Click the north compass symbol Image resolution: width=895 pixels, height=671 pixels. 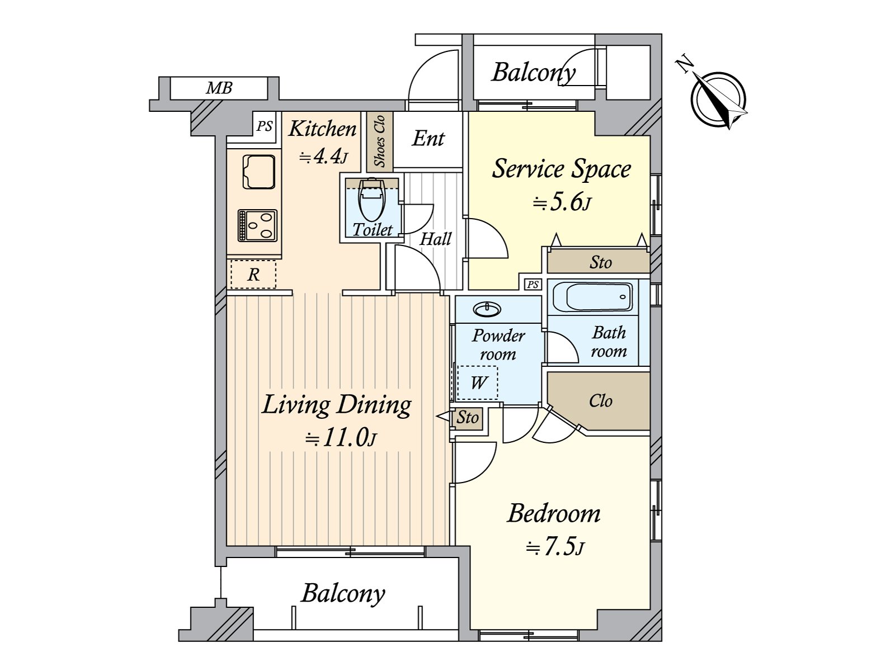pos(718,98)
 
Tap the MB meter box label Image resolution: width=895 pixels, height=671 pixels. pos(219,88)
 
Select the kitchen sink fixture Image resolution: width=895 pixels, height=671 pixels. pos(259,172)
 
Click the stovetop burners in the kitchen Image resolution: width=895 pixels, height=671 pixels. pos(257,225)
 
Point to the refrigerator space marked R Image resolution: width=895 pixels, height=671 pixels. pos(253,274)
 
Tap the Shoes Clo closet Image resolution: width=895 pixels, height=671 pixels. pos(380,141)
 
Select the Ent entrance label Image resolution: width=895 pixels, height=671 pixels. pos(428,139)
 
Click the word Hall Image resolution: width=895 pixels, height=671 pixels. pos(435,239)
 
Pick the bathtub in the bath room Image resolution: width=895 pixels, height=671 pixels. pos(592,297)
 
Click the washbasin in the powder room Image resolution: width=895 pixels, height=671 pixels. pos(487,310)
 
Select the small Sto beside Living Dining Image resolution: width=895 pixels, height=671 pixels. pos(467,418)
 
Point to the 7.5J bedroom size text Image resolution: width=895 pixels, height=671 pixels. pos(555,547)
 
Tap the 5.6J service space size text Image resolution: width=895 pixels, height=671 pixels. pos(562,202)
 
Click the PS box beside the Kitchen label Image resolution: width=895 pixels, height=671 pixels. pos(264,127)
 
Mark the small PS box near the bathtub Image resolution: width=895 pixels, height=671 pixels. pos(533,284)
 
